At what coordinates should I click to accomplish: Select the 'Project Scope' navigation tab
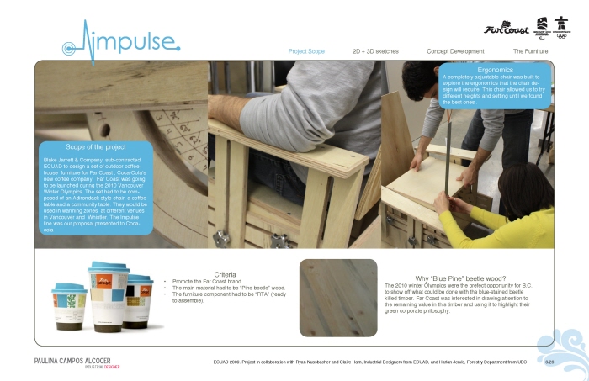point(306,51)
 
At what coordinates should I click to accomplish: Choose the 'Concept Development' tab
point(455,51)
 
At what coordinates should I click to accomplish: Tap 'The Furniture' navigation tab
point(530,51)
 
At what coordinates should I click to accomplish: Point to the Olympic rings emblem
point(560,25)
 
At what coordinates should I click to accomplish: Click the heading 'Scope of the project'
point(95,147)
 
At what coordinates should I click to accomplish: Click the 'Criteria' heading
point(225,274)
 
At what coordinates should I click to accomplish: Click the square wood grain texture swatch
point(338,297)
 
